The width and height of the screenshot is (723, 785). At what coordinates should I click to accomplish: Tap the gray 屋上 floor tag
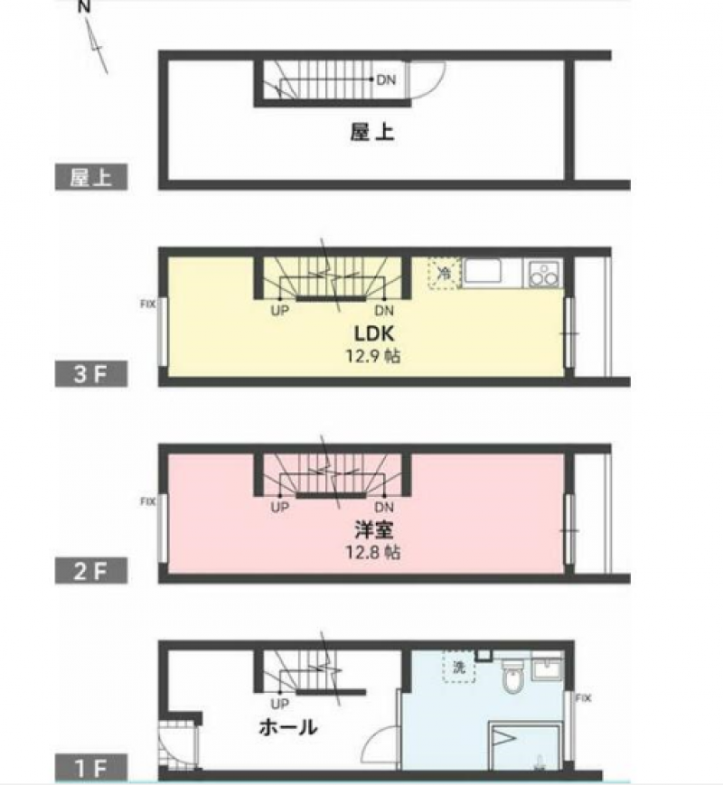pyautogui.click(x=91, y=177)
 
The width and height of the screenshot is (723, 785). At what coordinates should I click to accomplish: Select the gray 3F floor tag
pyautogui.click(x=91, y=374)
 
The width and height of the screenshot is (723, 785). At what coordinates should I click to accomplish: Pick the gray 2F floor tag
pyautogui.click(x=91, y=571)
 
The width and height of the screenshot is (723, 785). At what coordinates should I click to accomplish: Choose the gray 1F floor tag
pyautogui.click(x=91, y=767)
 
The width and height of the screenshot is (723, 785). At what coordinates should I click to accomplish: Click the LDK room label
pyautogui.click(x=374, y=333)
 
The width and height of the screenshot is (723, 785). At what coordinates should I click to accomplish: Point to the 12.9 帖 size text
pyautogui.click(x=372, y=356)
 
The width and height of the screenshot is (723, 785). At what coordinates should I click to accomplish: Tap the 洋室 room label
pyautogui.click(x=374, y=529)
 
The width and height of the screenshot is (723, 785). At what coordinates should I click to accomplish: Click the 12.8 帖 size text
pyautogui.click(x=372, y=552)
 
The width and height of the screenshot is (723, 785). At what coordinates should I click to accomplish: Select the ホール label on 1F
pyautogui.click(x=288, y=727)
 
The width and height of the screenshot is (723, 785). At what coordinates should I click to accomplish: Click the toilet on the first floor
pyautogui.click(x=512, y=676)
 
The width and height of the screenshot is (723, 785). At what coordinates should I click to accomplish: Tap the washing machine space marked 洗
pyautogui.click(x=459, y=667)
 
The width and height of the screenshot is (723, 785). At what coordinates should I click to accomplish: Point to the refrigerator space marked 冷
pyautogui.click(x=445, y=274)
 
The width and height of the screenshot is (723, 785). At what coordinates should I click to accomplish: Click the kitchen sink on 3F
pyautogui.click(x=482, y=272)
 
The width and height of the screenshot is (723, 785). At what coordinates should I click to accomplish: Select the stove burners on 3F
pyautogui.click(x=543, y=274)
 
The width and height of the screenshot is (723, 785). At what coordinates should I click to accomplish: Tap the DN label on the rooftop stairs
pyautogui.click(x=386, y=79)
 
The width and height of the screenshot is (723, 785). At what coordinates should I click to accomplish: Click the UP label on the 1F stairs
pyautogui.click(x=279, y=704)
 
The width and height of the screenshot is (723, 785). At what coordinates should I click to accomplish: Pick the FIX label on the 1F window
pyautogui.click(x=583, y=698)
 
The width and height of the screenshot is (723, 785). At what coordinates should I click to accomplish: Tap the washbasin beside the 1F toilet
pyautogui.click(x=548, y=668)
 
